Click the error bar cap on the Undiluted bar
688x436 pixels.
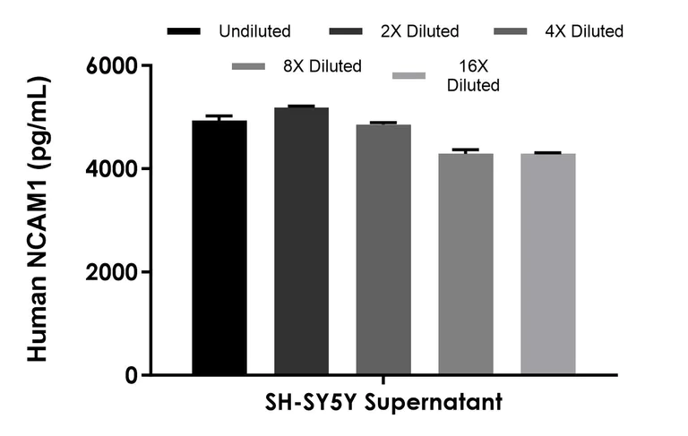pyautogui.click(x=219, y=116)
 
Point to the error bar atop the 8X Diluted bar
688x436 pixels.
pyautogui.click(x=465, y=150)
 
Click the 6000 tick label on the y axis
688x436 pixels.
pyautogui.click(x=112, y=66)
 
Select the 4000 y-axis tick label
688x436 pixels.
pyautogui.click(x=112, y=169)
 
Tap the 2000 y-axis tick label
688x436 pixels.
pyautogui.click(x=112, y=272)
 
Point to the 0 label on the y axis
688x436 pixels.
pyautogui.click(x=129, y=375)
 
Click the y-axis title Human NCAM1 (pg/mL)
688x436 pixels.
pyautogui.click(x=38, y=219)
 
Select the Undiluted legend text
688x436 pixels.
pyautogui.click(x=254, y=31)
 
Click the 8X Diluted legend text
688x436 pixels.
pyautogui.click(x=322, y=65)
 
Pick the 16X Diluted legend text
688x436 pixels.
pyautogui.click(x=473, y=75)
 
